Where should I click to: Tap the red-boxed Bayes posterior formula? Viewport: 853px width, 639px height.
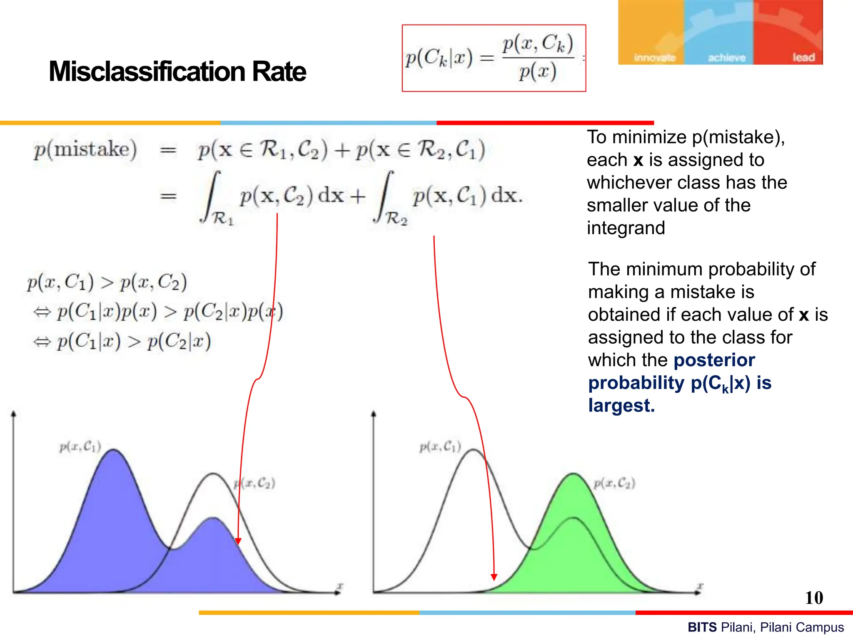pyautogui.click(x=494, y=58)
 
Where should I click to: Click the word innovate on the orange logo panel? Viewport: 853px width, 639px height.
pyautogui.click(x=654, y=58)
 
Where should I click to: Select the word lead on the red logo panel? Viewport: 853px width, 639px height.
pyautogui.click(x=803, y=57)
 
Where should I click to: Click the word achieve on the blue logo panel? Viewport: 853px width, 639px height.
pyautogui.click(x=727, y=58)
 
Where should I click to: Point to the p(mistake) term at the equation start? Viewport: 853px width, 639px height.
pyautogui.click(x=85, y=149)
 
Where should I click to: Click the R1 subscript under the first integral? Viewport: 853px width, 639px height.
pyautogui.click(x=223, y=218)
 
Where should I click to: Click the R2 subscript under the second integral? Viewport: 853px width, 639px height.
pyautogui.click(x=396, y=218)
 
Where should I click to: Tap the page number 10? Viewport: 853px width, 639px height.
pyautogui.click(x=814, y=598)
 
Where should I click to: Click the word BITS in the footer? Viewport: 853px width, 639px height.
pyautogui.click(x=702, y=627)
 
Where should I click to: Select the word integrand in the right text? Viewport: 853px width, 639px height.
pyautogui.click(x=626, y=228)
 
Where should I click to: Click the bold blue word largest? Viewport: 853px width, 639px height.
pyautogui.click(x=621, y=405)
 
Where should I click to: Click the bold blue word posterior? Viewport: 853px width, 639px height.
pyautogui.click(x=714, y=360)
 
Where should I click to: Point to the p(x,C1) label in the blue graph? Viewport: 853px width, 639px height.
pyautogui.click(x=80, y=447)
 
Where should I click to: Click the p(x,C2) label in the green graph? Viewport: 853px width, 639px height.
pyautogui.click(x=614, y=483)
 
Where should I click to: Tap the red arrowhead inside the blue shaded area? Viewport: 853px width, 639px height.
pyautogui.click(x=238, y=541)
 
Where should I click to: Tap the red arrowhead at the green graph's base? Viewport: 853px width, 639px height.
pyautogui.click(x=494, y=577)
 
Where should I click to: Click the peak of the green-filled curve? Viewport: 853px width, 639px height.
pyautogui.click(x=574, y=474)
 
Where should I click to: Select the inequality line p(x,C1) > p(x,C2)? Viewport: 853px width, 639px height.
pyautogui.click(x=107, y=282)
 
